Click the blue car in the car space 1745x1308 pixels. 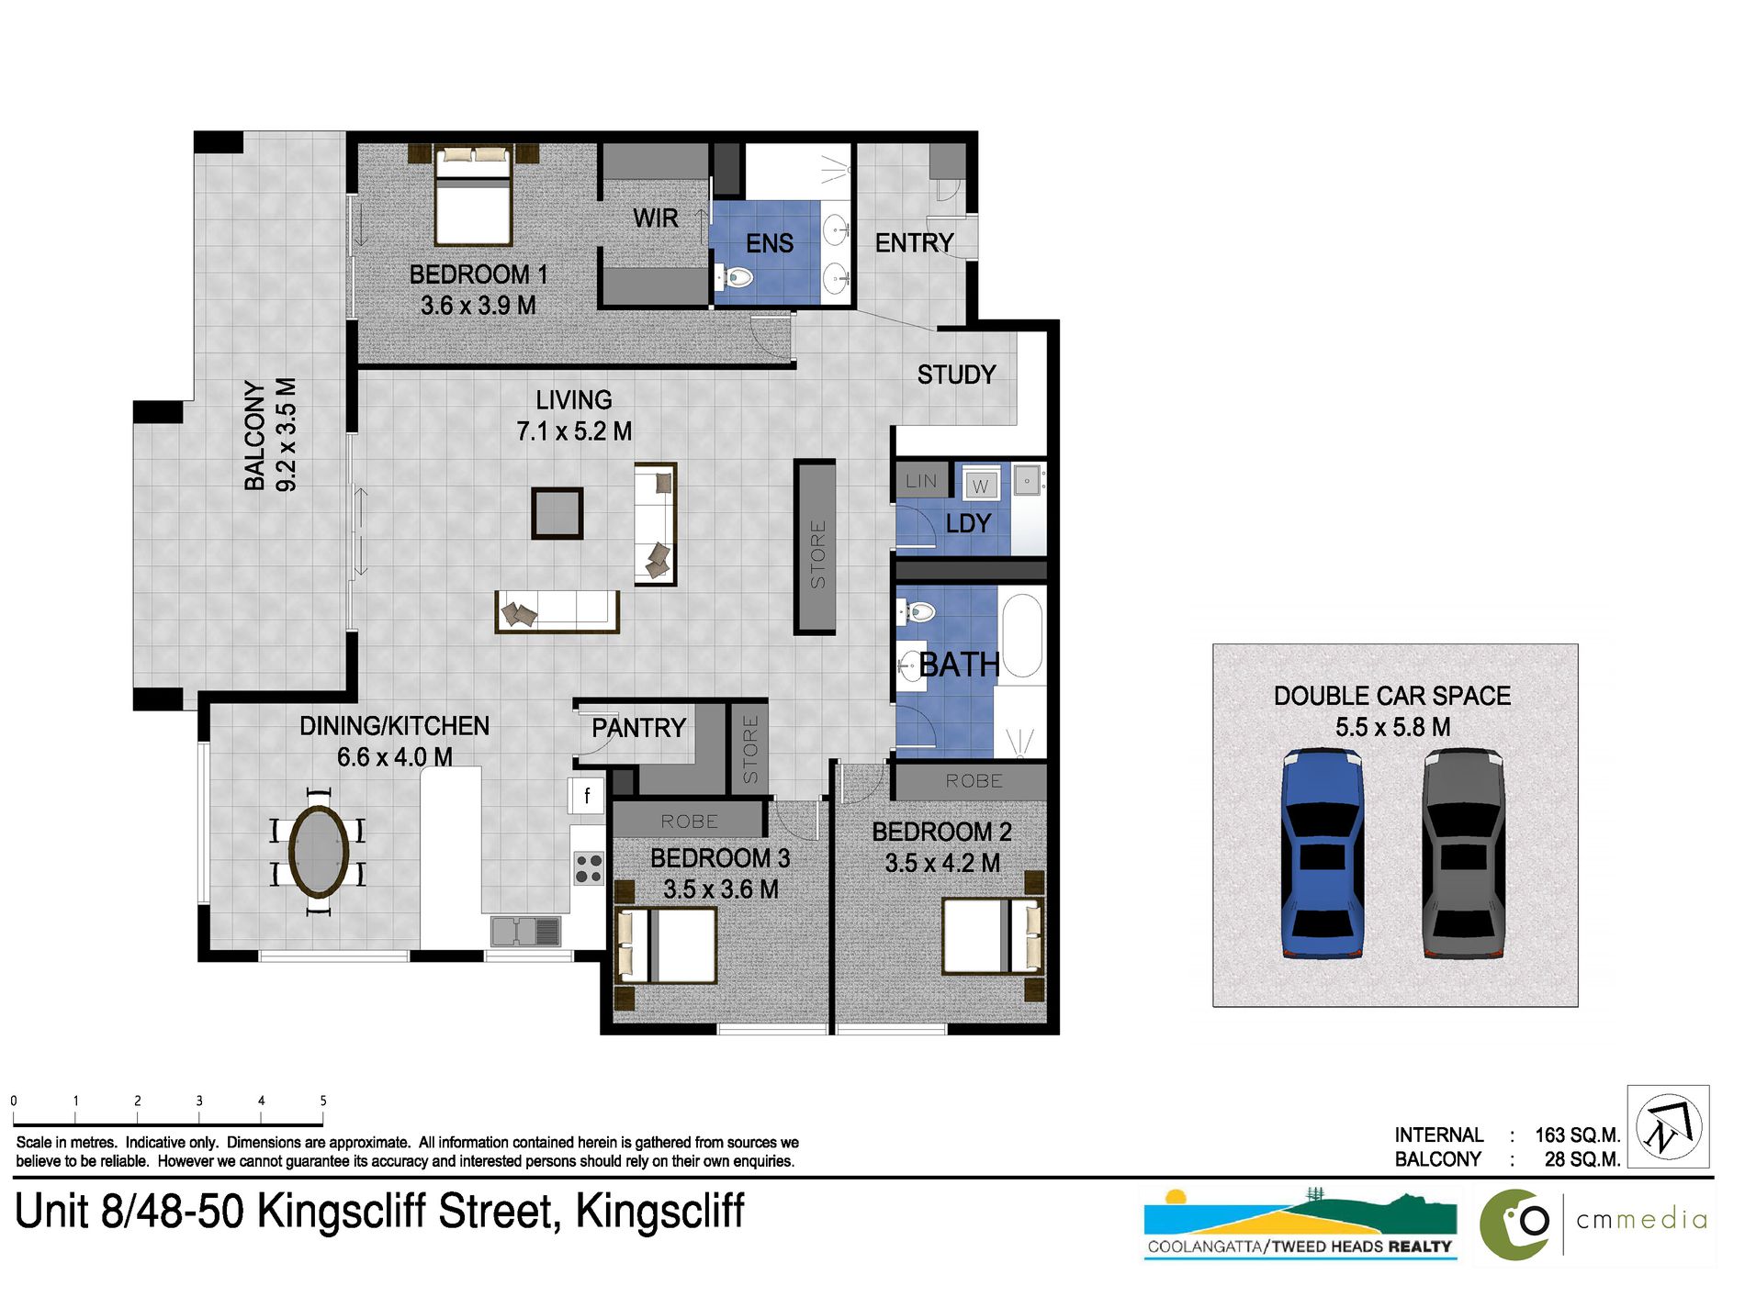click(1322, 854)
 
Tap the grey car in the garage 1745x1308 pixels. click(1463, 854)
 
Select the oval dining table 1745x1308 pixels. click(318, 850)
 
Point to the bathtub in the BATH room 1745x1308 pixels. click(1022, 636)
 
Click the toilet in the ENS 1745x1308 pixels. click(735, 276)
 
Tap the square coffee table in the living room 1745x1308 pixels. click(557, 512)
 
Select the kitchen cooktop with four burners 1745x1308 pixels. click(588, 868)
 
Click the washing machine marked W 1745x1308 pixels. click(980, 486)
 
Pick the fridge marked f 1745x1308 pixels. click(586, 795)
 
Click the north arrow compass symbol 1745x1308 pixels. click(1668, 1126)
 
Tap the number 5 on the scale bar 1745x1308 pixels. click(322, 1100)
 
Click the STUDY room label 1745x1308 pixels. click(956, 375)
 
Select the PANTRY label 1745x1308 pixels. click(638, 728)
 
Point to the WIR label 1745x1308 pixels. click(655, 218)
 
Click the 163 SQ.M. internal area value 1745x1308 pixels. click(1577, 1135)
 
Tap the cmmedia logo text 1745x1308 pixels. click(1641, 1220)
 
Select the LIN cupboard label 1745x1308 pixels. click(920, 481)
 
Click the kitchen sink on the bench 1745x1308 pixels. click(525, 931)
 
